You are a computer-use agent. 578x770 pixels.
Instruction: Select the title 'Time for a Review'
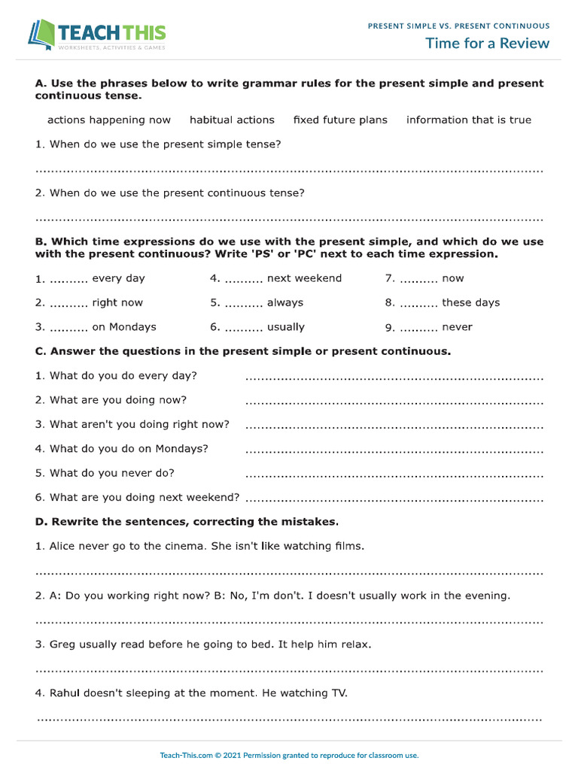tap(487, 43)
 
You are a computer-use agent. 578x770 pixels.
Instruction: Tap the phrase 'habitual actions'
tap(232, 120)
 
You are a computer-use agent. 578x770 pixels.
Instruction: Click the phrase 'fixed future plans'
tap(340, 120)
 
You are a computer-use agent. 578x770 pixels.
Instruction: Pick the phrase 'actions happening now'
tap(109, 120)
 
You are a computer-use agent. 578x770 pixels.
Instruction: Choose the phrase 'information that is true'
tap(468, 120)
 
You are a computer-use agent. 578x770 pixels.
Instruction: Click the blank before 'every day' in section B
tap(68, 280)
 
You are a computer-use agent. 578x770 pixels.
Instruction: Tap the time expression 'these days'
tap(470, 303)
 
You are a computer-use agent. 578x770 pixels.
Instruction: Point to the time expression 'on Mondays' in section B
tap(124, 327)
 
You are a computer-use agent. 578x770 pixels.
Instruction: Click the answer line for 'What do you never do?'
tap(394, 476)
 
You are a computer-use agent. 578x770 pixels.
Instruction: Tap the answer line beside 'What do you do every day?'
tap(394, 378)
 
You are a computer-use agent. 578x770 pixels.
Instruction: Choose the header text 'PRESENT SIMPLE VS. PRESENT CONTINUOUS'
tap(458, 26)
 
